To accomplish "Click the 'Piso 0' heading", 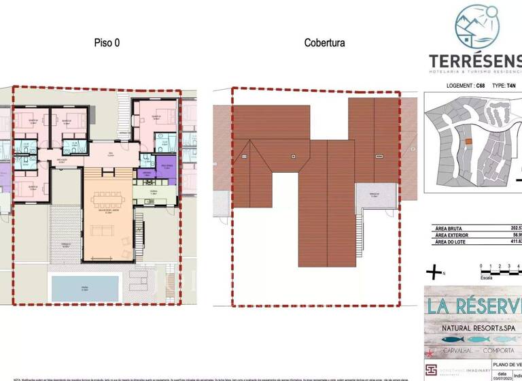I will click(107, 43).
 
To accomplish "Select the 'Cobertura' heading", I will click(324, 43).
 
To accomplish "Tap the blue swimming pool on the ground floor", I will click(86, 288).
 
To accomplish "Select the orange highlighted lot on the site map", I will click(468, 142).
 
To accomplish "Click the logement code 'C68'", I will click(481, 86).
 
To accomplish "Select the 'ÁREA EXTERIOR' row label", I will click(454, 235).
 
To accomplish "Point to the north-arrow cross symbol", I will click(433, 273).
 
